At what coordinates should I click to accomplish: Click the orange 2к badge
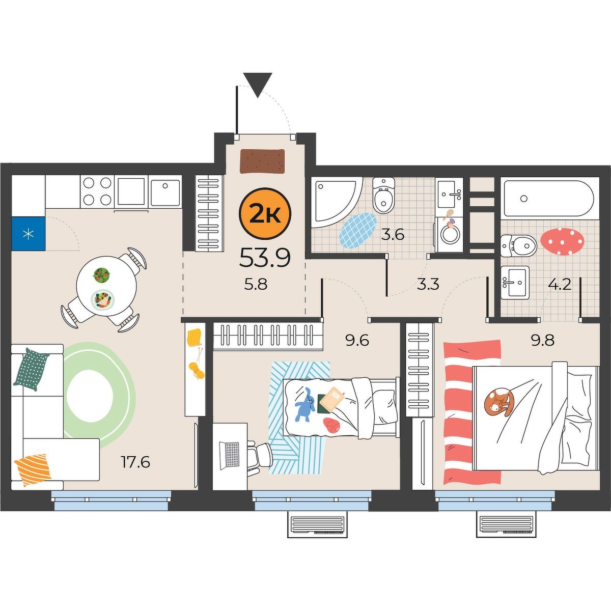click(x=264, y=214)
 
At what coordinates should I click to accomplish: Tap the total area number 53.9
click(x=265, y=258)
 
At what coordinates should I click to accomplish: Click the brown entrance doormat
click(x=262, y=161)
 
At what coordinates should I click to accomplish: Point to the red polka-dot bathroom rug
click(x=562, y=241)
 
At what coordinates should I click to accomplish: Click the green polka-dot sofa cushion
click(x=31, y=369)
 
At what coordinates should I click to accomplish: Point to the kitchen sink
click(x=164, y=192)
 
